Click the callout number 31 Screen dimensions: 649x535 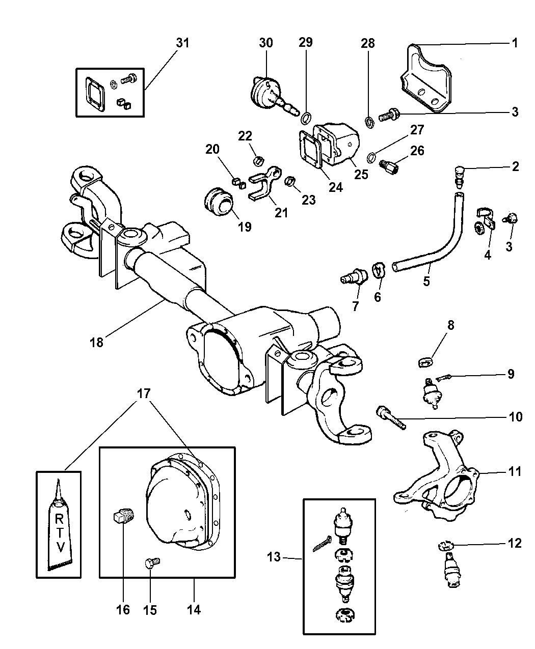click(x=183, y=43)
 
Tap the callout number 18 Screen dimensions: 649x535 click(x=96, y=342)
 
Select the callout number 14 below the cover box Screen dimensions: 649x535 click(x=194, y=609)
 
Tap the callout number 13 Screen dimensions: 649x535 click(x=274, y=557)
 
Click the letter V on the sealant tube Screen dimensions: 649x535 click(x=60, y=548)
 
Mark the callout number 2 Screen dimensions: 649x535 click(x=515, y=166)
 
